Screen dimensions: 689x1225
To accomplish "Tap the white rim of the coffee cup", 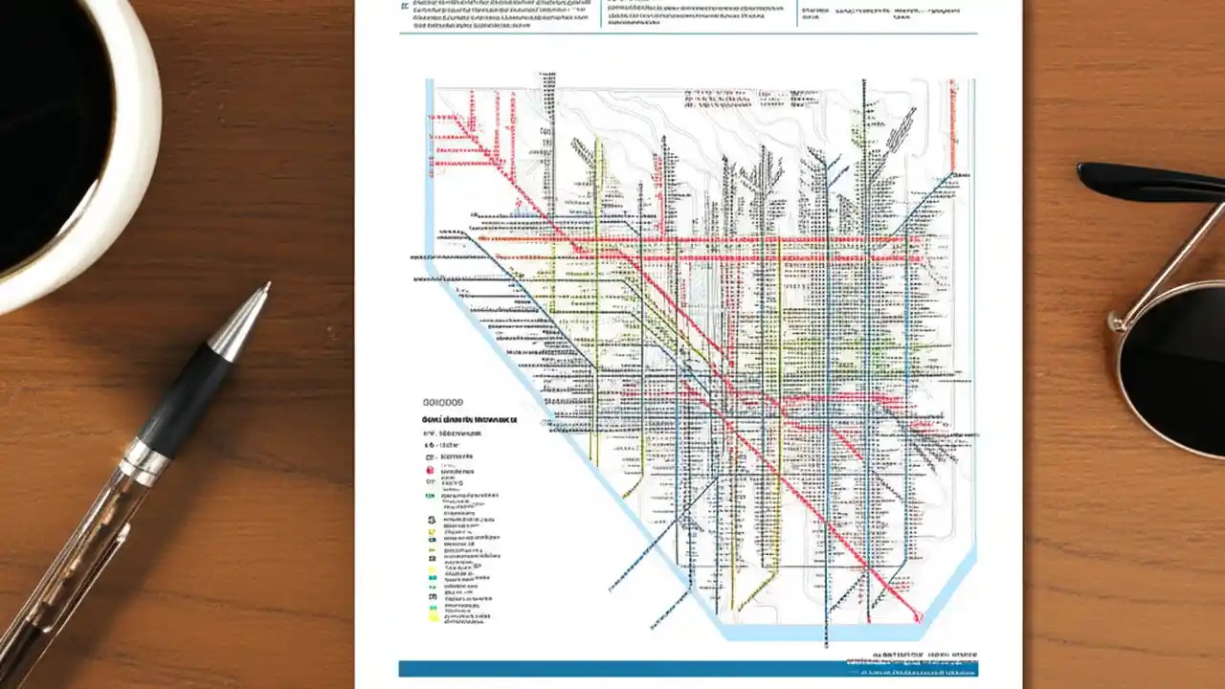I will (134, 191).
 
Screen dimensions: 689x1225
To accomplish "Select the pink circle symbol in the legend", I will (430, 471).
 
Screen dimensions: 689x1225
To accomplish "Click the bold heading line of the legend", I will (469, 419).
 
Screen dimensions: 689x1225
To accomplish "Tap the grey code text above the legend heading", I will (442, 403).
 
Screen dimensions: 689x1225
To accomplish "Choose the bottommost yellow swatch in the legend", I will (433, 617).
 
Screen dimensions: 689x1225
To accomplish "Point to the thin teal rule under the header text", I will (689, 33).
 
